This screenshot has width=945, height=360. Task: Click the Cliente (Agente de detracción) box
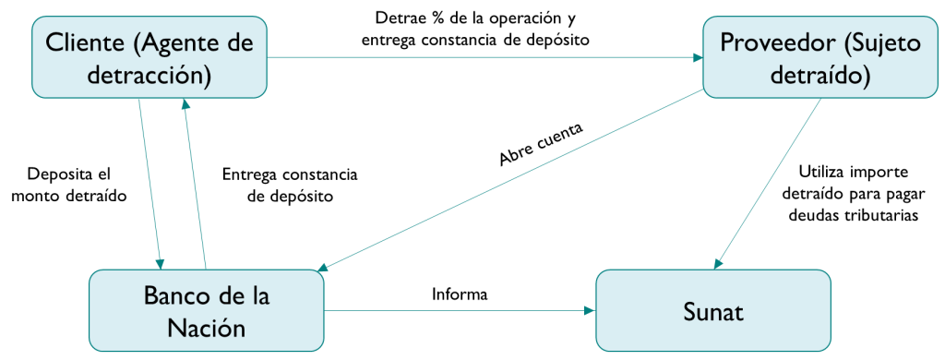coord(150,56)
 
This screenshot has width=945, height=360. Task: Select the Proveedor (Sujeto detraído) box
coord(821,56)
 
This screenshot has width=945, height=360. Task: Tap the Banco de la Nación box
coord(206,310)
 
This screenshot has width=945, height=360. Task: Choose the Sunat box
coord(713,310)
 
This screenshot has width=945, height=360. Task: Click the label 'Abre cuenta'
coord(541,145)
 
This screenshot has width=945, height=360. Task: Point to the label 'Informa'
coord(460,294)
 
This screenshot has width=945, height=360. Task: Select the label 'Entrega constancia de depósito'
coord(290,186)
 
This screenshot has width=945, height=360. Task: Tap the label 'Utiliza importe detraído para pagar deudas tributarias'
coord(853,194)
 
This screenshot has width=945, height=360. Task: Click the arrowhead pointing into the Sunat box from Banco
coord(591,311)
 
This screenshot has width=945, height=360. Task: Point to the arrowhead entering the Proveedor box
coord(698,58)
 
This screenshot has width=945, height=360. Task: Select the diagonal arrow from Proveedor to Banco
coord(511,180)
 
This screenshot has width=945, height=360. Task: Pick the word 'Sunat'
coord(713,312)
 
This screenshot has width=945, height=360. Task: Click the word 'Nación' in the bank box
coord(206,328)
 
